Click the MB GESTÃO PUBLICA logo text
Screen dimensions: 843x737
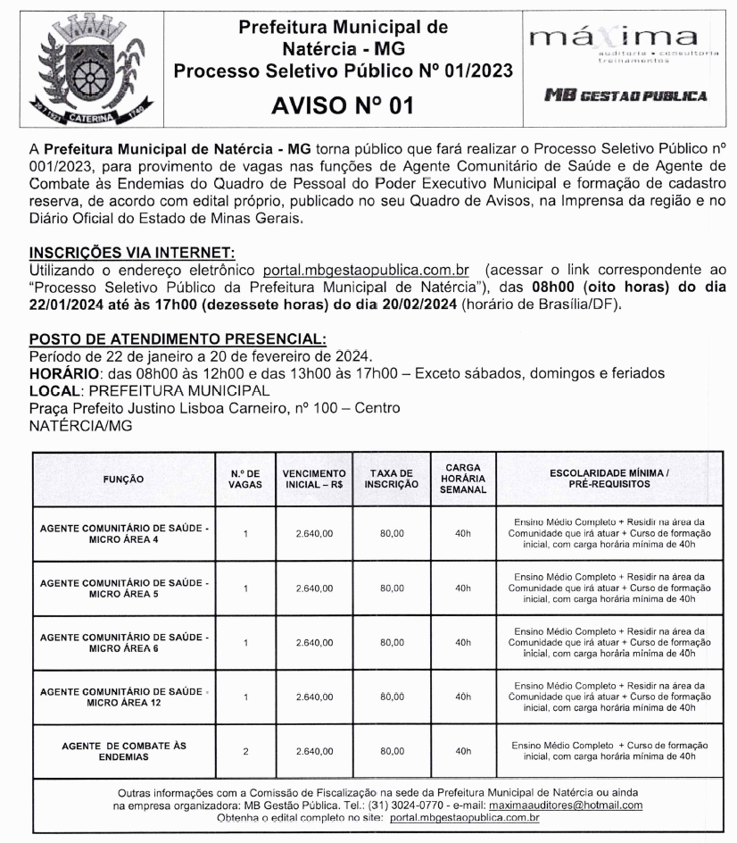(x=626, y=95)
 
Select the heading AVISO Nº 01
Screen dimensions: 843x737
(x=344, y=106)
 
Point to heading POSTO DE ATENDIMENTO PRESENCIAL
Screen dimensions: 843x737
(x=178, y=338)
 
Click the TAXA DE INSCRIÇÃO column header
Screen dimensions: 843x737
(x=392, y=479)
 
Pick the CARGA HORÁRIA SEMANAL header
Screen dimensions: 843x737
(x=462, y=479)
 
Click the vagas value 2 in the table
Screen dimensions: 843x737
(x=245, y=751)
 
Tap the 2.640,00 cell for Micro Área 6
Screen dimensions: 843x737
(x=314, y=642)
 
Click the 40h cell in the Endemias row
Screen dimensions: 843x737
(x=462, y=751)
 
